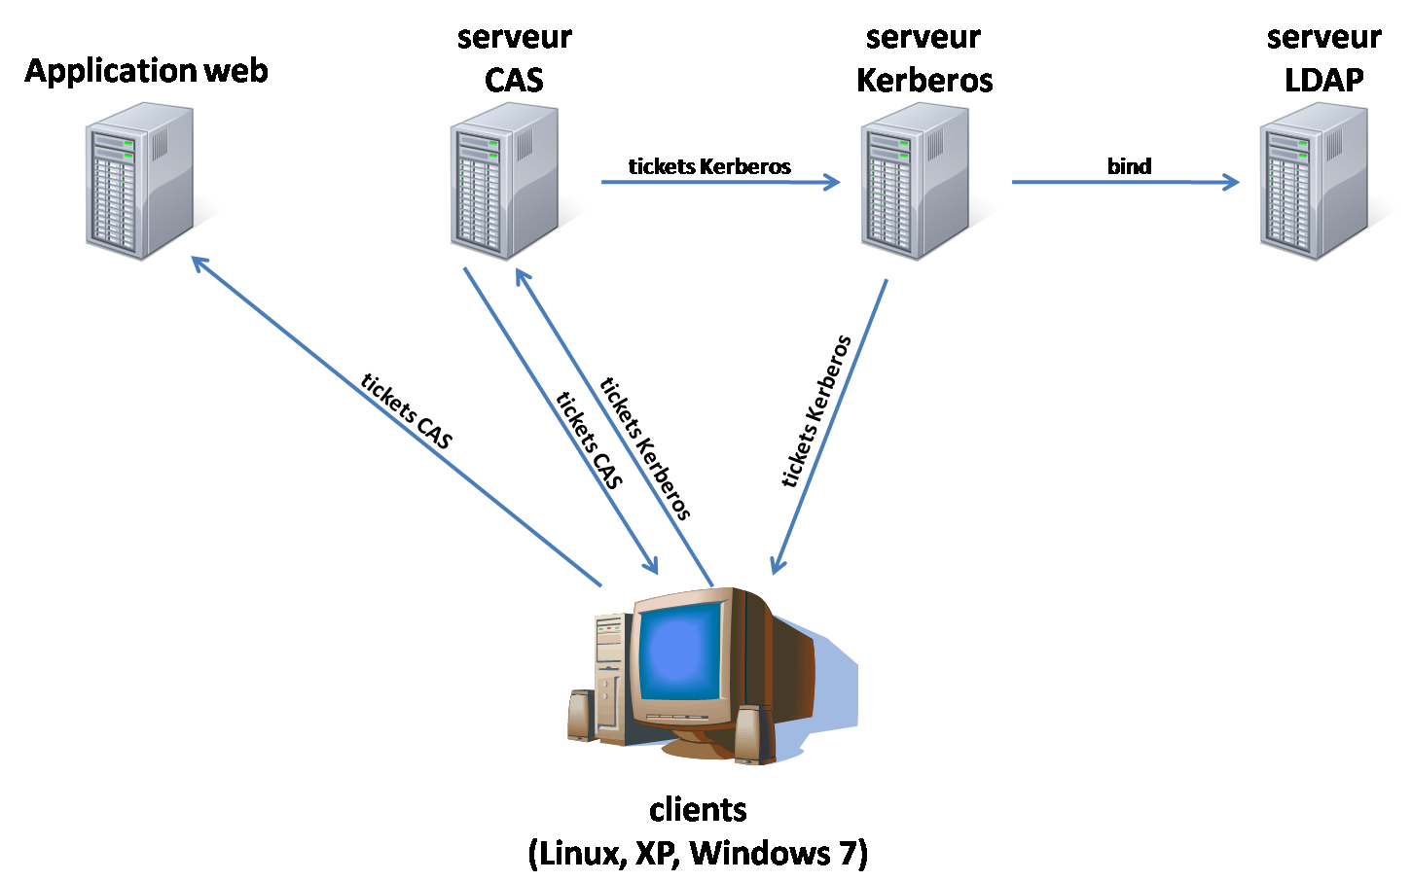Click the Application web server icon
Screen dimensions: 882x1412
click(139, 182)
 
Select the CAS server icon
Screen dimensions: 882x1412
click(505, 182)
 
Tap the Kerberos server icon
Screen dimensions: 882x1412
click(915, 182)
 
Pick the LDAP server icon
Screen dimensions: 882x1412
click(1314, 182)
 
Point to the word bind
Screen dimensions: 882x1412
click(1129, 166)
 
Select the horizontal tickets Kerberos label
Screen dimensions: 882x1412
click(709, 166)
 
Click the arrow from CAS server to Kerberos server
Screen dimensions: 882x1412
click(720, 182)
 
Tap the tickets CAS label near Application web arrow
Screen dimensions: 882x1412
click(407, 411)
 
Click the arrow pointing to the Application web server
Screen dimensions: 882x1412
click(389, 418)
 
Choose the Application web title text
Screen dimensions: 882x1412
click(146, 71)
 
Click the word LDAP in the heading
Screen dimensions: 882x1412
click(1323, 80)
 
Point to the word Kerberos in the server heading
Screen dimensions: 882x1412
click(924, 80)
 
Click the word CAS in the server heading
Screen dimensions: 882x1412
click(514, 80)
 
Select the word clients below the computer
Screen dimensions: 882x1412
click(698, 809)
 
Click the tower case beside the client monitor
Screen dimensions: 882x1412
click(608, 671)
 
